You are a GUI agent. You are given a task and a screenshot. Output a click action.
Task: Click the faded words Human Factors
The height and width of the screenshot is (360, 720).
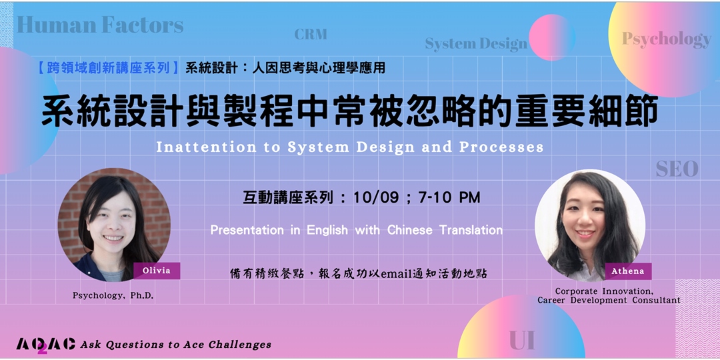(100, 25)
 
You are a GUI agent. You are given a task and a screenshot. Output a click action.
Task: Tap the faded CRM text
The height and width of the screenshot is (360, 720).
(311, 34)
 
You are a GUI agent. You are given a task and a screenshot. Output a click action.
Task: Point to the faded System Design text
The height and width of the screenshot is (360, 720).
(476, 45)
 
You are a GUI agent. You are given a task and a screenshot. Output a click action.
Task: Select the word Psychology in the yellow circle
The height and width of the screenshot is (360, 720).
(666, 39)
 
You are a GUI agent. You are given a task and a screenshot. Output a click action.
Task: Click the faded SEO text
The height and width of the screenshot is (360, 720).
(677, 169)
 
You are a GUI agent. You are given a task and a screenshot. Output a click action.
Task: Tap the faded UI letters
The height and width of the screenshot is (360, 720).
(522, 341)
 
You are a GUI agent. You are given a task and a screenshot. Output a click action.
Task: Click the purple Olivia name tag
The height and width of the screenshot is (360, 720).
(157, 271)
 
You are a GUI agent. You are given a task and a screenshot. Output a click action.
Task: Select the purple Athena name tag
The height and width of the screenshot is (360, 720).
(628, 271)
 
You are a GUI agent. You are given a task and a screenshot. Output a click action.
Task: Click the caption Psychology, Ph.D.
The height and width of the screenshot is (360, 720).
(113, 295)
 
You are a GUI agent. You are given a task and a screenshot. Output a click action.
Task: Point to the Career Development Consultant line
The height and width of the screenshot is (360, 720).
(609, 301)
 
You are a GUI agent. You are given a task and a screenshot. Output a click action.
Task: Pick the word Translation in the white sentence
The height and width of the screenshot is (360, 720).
(471, 230)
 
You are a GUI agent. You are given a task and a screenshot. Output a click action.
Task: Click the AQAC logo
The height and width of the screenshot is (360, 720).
(45, 344)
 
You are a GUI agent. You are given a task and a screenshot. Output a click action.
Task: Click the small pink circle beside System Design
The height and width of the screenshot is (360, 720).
(551, 37)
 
